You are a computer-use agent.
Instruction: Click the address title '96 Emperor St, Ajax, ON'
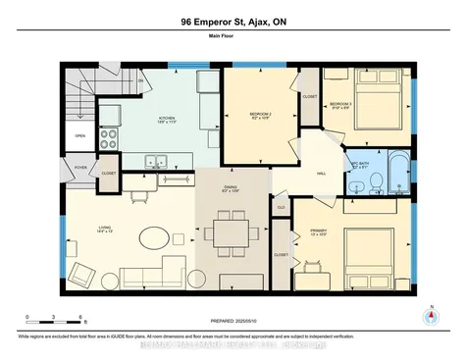(233, 21)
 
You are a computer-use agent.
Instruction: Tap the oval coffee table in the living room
(152, 238)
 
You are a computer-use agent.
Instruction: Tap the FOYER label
(80, 168)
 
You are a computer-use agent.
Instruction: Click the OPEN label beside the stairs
(79, 136)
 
